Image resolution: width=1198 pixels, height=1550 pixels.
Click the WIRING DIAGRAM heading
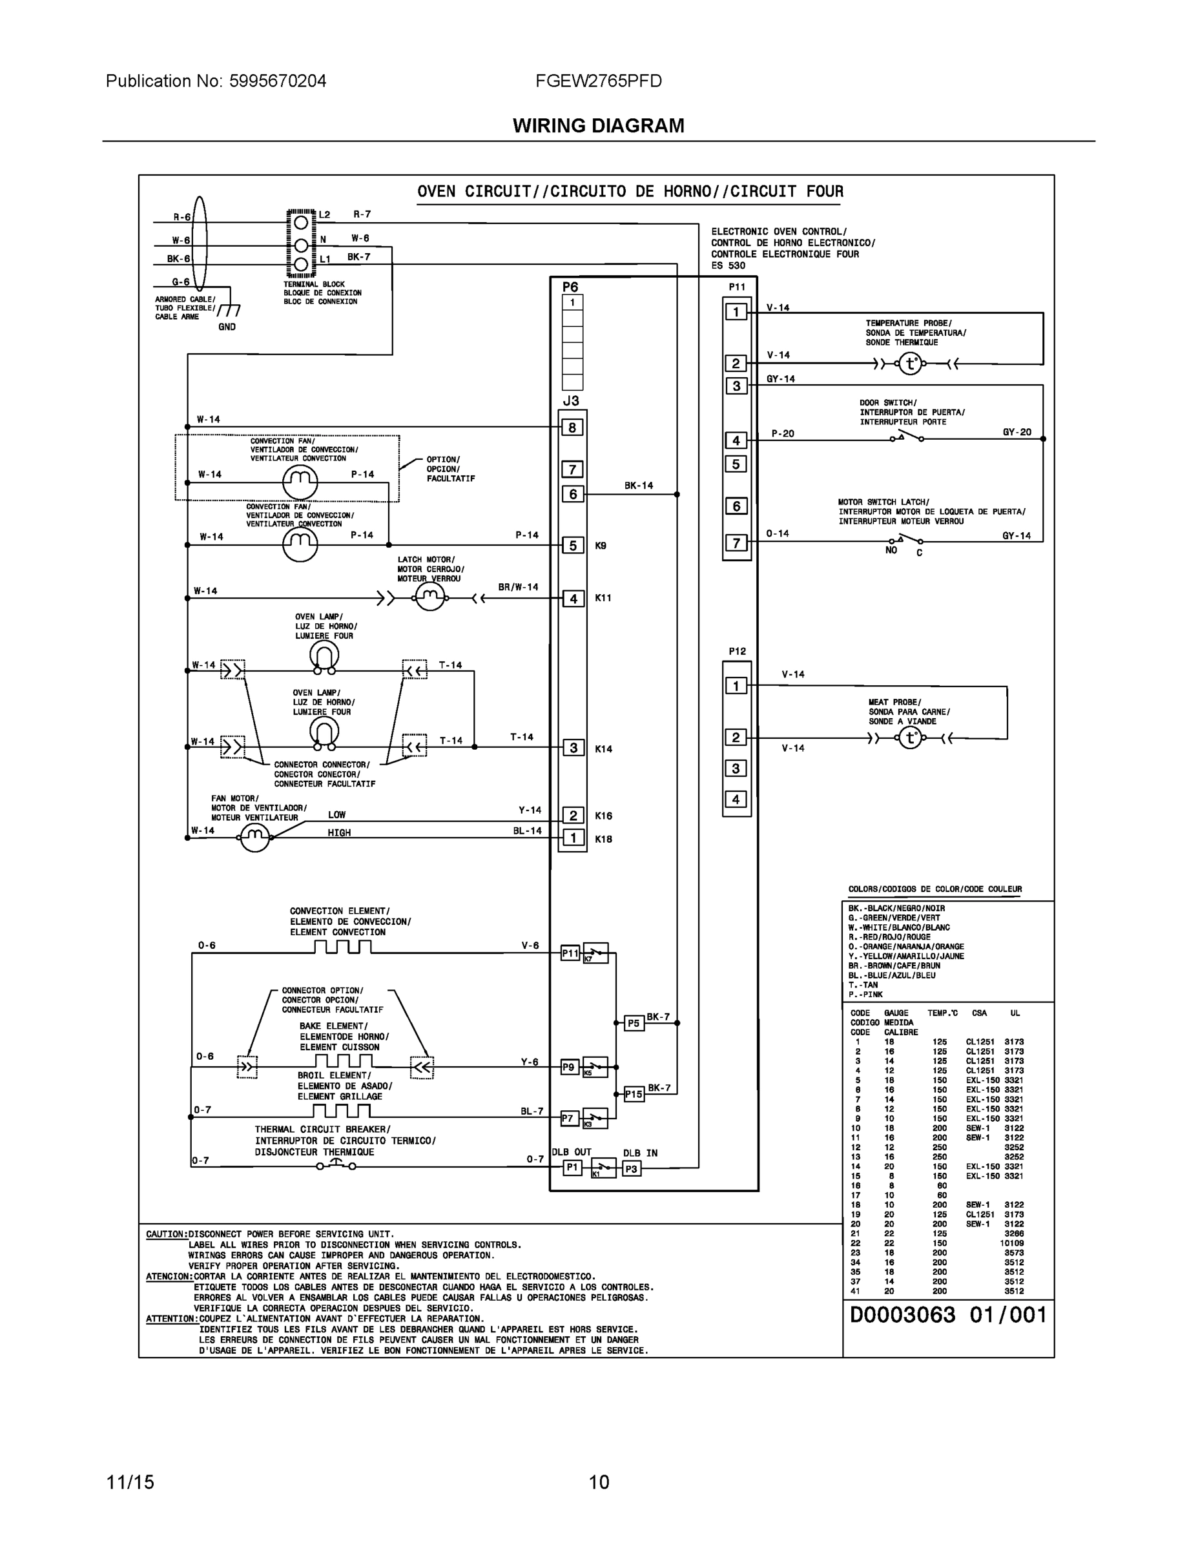pyautogui.click(x=598, y=126)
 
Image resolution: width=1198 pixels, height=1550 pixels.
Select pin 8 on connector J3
pyautogui.click(x=573, y=428)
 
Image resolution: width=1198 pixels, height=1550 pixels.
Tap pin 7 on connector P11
pyautogui.click(x=736, y=543)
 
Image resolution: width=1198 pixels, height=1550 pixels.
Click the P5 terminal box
pyautogui.click(x=633, y=1023)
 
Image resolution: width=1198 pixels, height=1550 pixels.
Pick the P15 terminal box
pyautogui.click(x=634, y=1093)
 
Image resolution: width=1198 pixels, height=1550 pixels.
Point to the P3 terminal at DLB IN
pyautogui.click(x=631, y=1168)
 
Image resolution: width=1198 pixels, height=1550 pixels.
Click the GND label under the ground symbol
pyautogui.click(x=227, y=327)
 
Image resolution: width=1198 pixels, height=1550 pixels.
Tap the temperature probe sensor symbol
pyautogui.click(x=911, y=364)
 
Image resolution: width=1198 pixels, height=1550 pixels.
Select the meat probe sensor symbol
pyautogui.click(x=911, y=738)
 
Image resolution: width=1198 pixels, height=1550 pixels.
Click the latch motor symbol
pyautogui.click(x=429, y=598)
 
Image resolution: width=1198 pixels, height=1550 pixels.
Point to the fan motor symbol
pyautogui.click(x=256, y=838)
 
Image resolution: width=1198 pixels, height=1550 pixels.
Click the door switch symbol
pyautogui.click(x=907, y=437)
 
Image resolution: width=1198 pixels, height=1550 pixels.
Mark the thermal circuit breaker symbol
pyautogui.click(x=335, y=1164)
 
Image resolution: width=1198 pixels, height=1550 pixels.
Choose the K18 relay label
pyautogui.click(x=603, y=839)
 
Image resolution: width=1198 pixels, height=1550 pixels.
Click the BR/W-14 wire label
pyautogui.click(x=518, y=587)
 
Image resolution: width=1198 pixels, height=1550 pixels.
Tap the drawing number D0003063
pyautogui.click(x=903, y=1315)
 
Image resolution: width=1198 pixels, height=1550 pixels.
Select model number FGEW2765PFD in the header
pyautogui.click(x=598, y=81)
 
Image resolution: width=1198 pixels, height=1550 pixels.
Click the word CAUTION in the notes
pyautogui.click(x=166, y=1234)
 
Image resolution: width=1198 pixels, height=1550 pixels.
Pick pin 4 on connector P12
pyautogui.click(x=736, y=799)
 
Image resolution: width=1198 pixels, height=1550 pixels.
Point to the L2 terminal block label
pyautogui.click(x=324, y=214)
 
